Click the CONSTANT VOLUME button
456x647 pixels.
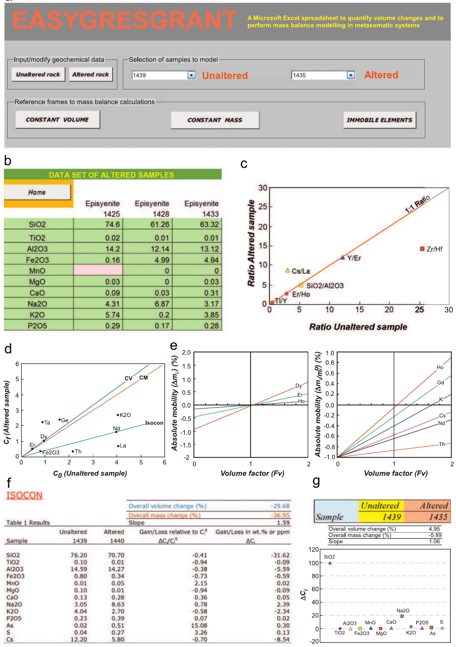(x=57, y=120)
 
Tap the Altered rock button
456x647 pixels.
(x=91, y=74)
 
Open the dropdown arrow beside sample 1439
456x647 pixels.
(x=191, y=75)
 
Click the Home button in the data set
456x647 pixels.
(x=37, y=192)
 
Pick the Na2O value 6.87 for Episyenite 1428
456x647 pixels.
(x=162, y=304)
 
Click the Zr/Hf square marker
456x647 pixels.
(x=422, y=249)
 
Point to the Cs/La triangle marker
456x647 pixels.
(x=288, y=270)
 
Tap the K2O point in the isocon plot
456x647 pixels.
(x=118, y=415)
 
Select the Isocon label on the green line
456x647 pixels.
(x=154, y=423)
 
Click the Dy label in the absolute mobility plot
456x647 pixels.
(x=299, y=386)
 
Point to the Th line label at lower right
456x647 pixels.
(x=442, y=444)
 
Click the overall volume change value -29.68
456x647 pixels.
(x=280, y=506)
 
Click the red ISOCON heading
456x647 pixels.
(x=24, y=495)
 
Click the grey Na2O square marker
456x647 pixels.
(x=402, y=616)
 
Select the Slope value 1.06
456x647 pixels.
(x=434, y=541)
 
